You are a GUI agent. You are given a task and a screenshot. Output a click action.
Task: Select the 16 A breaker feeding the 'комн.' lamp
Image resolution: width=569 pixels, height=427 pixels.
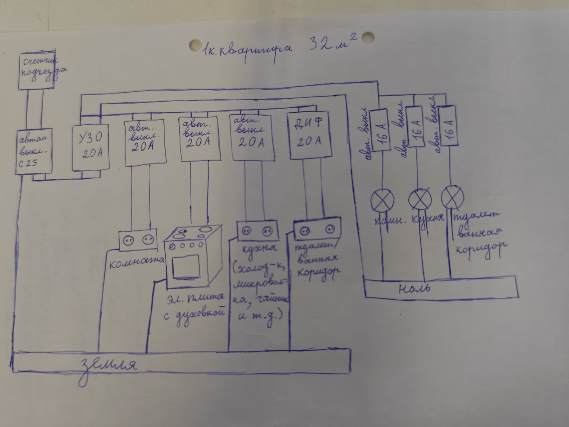click(x=379, y=130)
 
